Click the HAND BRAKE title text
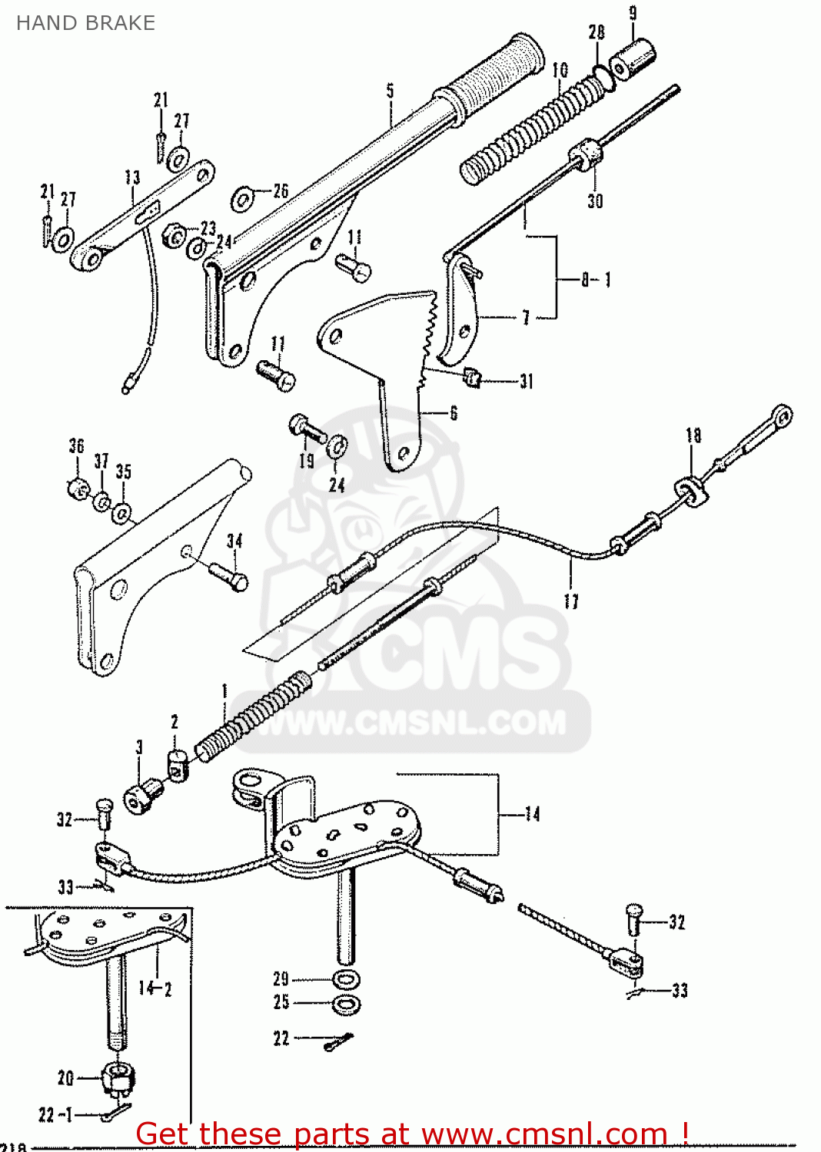coord(85,23)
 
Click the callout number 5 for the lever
coord(390,91)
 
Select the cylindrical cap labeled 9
coord(632,56)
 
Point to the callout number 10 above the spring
coord(560,70)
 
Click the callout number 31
coord(526,382)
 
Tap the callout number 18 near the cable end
coord(693,435)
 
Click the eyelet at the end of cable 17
coord(782,416)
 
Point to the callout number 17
coord(571,601)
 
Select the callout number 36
coord(76,446)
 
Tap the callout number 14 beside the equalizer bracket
coord(532,814)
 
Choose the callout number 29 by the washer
coord(281,979)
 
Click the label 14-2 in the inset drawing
coord(155,988)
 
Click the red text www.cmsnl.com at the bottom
coord(543,1134)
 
